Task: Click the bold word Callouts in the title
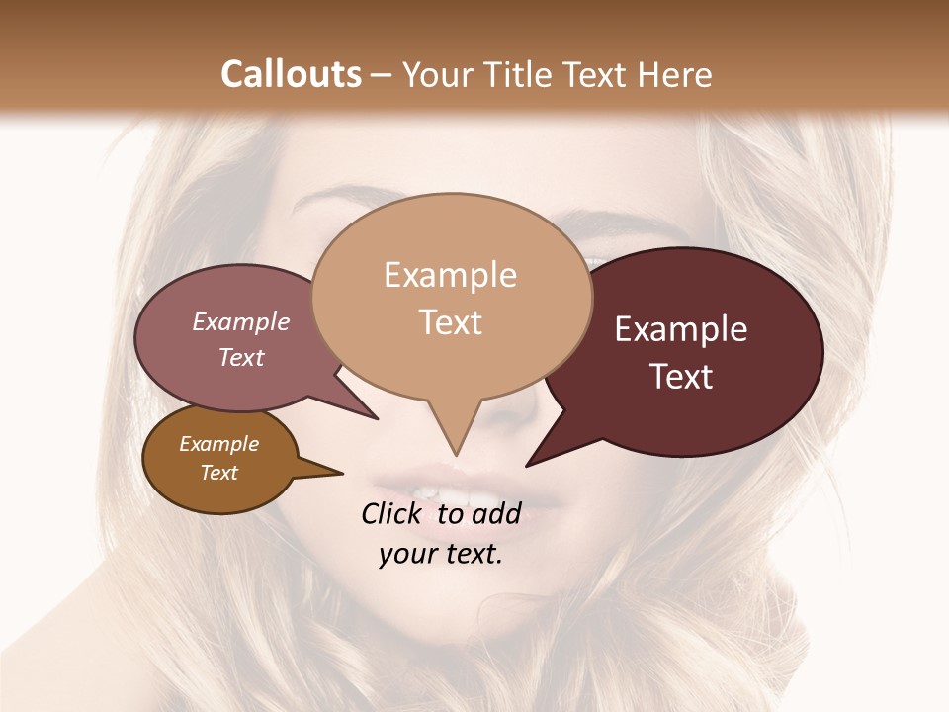click(291, 74)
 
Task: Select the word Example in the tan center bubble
click(450, 275)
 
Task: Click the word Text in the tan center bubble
click(450, 321)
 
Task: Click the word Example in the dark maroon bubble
click(681, 329)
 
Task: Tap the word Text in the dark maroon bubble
click(681, 376)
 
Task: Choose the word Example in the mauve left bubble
click(241, 321)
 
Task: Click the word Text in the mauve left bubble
click(241, 357)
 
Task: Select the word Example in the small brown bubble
click(218, 444)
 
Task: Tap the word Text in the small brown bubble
click(218, 473)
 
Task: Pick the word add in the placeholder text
click(495, 513)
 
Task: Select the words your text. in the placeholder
click(441, 554)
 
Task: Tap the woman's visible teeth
click(427, 491)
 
